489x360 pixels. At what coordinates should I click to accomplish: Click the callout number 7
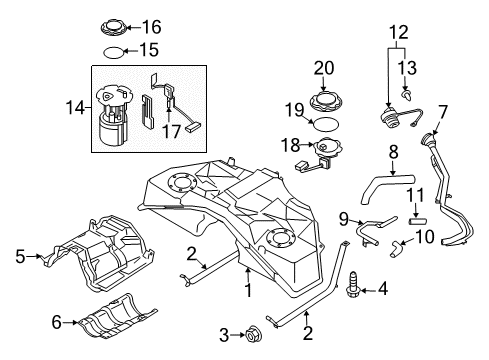pyautogui.click(x=443, y=110)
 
